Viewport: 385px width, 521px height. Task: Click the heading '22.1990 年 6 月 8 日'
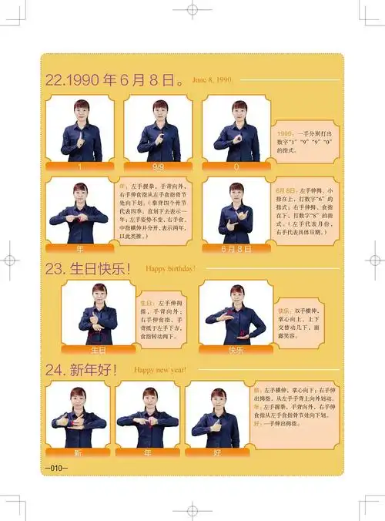[115, 79]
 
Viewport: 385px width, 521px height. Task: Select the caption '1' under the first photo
[80, 166]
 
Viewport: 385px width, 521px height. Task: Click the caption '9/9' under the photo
[158, 166]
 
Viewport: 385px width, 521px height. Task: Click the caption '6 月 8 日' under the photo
[236, 249]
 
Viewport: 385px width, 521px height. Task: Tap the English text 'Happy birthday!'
[170, 269]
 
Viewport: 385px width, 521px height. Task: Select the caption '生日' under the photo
[99, 350]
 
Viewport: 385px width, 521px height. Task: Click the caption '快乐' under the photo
[236, 350]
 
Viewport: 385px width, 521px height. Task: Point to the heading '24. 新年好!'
[82, 370]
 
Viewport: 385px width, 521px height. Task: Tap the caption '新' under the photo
[77, 452]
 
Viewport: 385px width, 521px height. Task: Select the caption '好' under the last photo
[218, 452]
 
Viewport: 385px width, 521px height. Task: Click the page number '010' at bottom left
[56, 468]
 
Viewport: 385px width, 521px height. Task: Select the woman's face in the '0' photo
[239, 109]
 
